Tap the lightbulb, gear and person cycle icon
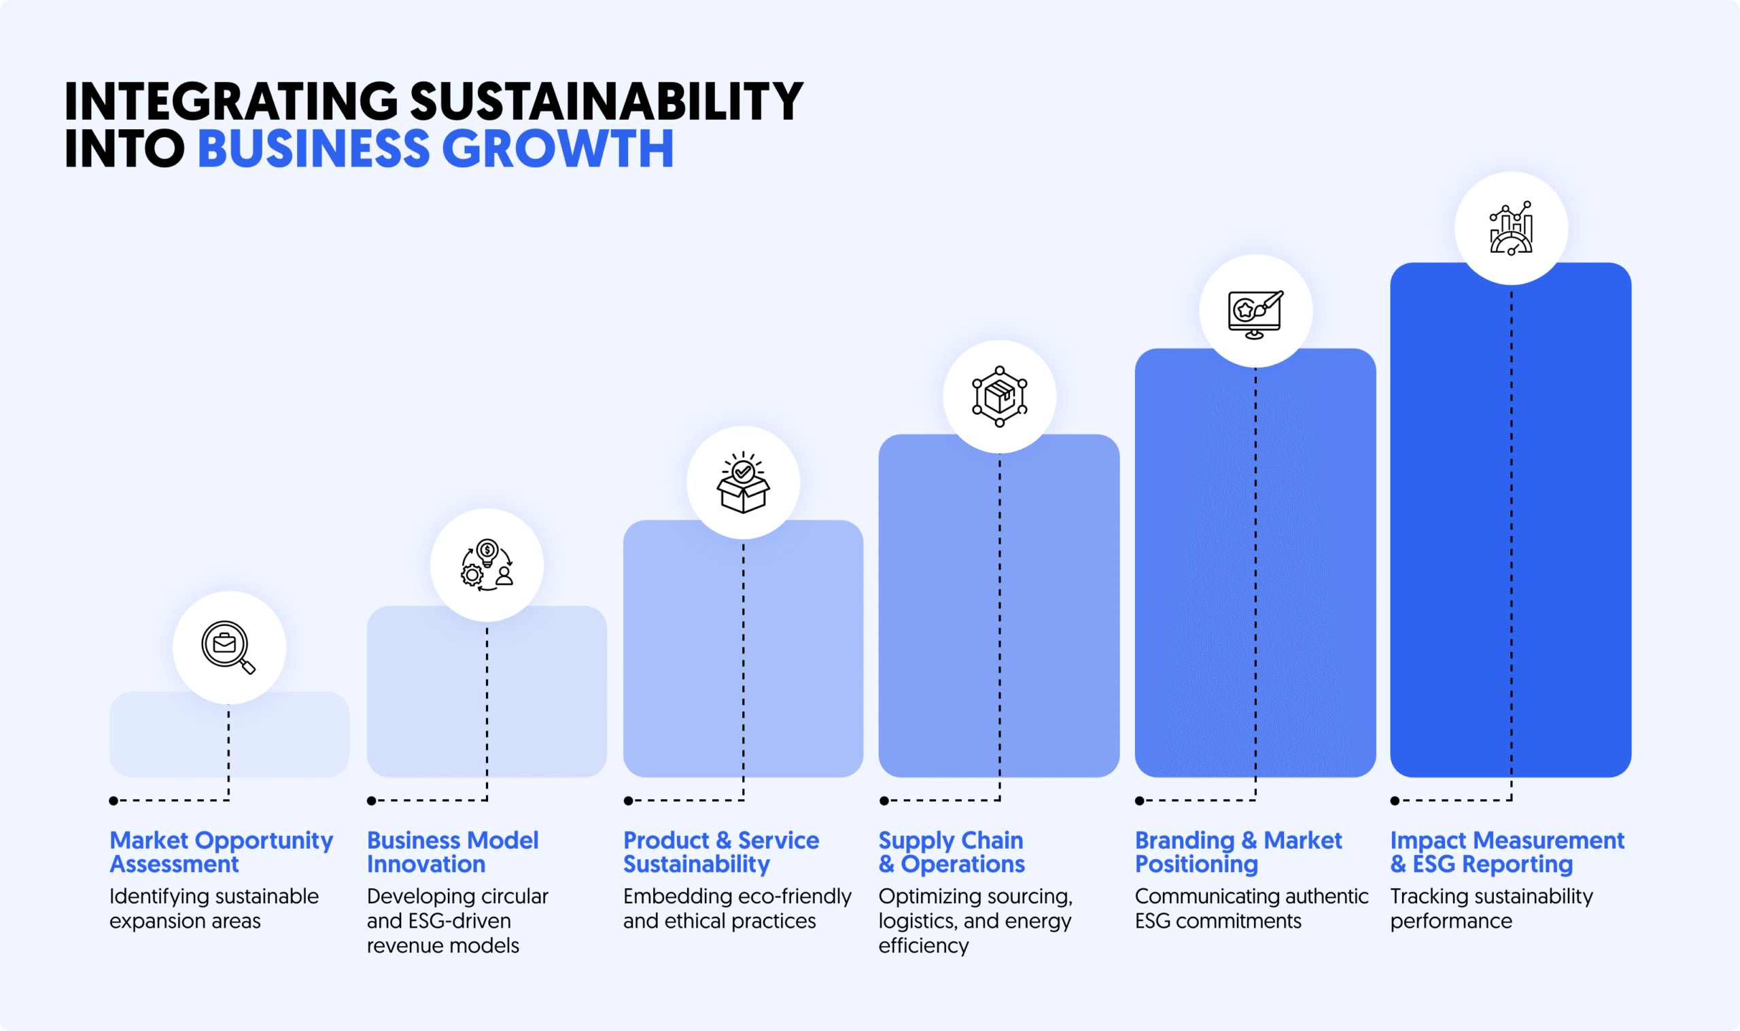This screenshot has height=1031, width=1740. (487, 565)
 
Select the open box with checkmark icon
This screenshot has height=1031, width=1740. (742, 482)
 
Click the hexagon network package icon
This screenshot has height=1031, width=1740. (1000, 396)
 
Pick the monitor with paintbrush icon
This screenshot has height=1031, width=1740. (1255, 313)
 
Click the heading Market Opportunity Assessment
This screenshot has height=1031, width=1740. (221, 852)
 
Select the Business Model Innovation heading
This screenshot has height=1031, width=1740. (452, 852)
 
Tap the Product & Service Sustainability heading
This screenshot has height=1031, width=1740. (721, 852)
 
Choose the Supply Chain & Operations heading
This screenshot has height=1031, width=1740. (951, 852)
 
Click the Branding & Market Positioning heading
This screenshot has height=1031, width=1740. (1238, 852)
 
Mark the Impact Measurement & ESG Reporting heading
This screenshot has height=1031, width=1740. (1507, 852)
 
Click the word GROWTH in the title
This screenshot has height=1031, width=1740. (557, 148)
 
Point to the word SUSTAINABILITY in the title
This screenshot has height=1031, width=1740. (606, 101)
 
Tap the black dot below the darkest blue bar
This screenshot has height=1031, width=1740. (1395, 801)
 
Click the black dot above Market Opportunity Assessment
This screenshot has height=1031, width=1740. (114, 801)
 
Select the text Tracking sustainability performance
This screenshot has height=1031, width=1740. (1491, 908)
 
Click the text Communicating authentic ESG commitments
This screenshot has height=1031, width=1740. (1251, 908)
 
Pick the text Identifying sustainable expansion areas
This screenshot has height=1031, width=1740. (213, 908)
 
